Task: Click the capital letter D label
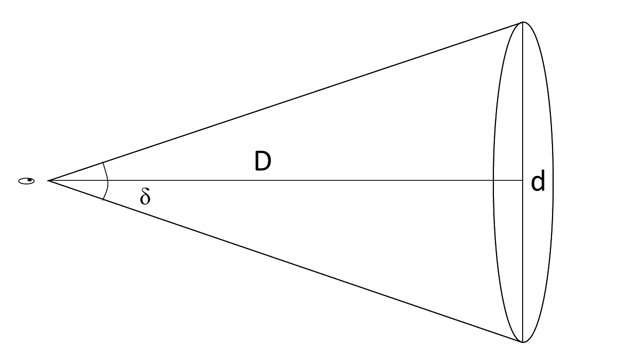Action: (263, 161)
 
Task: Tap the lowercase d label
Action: (538, 182)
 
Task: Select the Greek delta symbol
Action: (145, 197)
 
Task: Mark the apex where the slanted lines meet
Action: (49, 181)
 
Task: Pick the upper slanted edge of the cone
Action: (285, 101)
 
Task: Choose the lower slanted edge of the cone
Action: (285, 261)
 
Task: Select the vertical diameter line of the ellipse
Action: (523, 107)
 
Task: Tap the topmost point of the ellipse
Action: (523, 22)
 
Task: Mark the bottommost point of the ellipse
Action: (523, 342)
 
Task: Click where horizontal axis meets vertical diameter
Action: (523, 181)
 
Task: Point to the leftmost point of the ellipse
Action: (493, 181)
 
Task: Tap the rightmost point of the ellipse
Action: (553, 181)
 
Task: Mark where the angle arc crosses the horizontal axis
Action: (108, 181)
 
